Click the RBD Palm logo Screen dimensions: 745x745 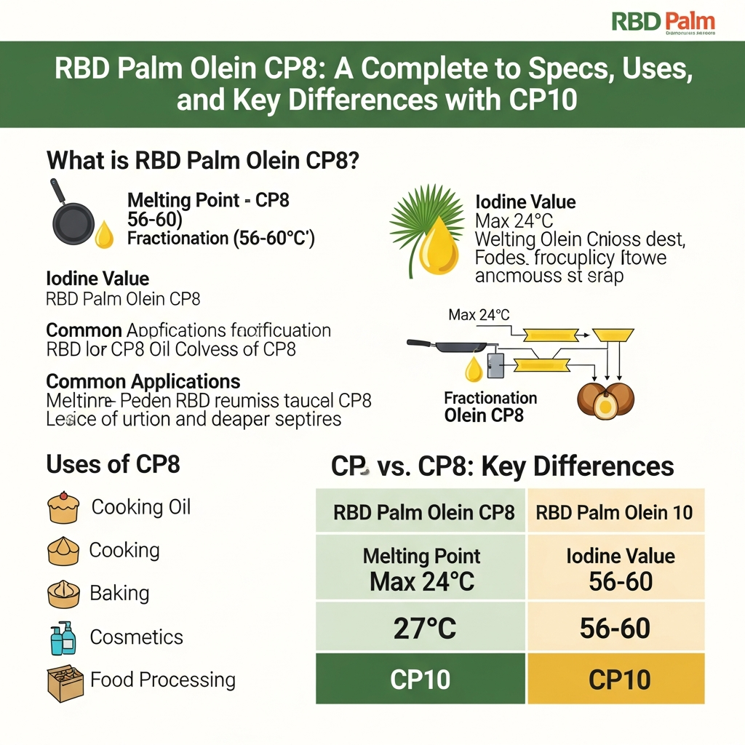[663, 22]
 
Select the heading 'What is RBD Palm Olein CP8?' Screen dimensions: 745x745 [202, 160]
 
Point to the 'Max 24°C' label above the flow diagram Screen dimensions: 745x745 [479, 315]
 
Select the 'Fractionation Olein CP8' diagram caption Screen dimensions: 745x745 [490, 407]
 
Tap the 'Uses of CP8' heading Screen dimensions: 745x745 [113, 464]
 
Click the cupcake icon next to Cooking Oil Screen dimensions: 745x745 [63, 507]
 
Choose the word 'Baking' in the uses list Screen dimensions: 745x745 [119, 593]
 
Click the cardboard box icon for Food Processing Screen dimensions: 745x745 [63, 682]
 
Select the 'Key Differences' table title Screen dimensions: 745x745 [502, 466]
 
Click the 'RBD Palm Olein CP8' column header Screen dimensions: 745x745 [423, 512]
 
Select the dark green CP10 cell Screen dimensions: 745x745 [421, 680]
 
